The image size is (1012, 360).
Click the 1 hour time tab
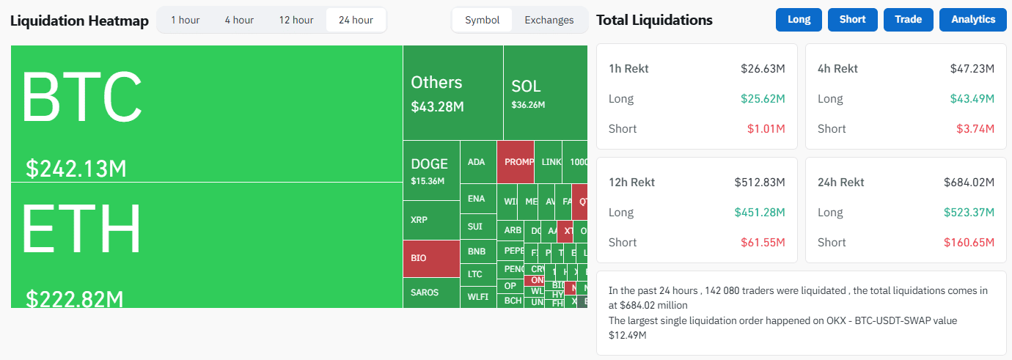(185, 20)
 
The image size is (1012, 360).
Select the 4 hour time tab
(239, 20)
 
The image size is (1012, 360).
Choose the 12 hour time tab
(296, 20)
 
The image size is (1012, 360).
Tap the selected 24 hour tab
(356, 20)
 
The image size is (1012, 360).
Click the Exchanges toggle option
(549, 20)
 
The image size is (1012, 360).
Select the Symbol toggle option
(483, 20)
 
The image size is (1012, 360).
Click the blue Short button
(852, 20)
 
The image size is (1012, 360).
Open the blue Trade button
(908, 20)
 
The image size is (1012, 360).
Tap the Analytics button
(973, 20)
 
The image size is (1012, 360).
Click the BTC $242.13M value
(76, 169)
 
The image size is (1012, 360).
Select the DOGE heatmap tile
(430, 170)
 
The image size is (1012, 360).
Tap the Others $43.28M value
(437, 107)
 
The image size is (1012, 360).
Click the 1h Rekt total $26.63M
(763, 69)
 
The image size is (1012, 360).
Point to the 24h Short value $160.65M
(969, 242)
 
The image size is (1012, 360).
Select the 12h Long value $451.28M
(760, 213)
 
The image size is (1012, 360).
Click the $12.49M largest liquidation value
(627, 335)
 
